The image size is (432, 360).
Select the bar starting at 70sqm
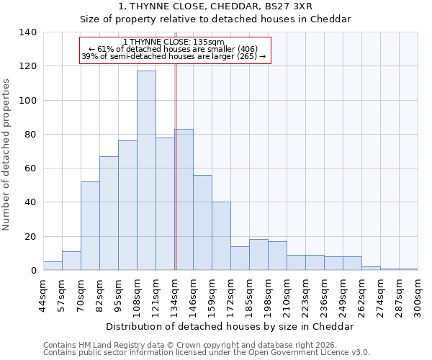point(90,226)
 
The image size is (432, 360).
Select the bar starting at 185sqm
point(258,255)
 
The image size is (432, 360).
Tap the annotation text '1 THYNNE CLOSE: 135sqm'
point(174,42)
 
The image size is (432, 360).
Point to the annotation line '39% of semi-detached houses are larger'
point(174,56)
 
